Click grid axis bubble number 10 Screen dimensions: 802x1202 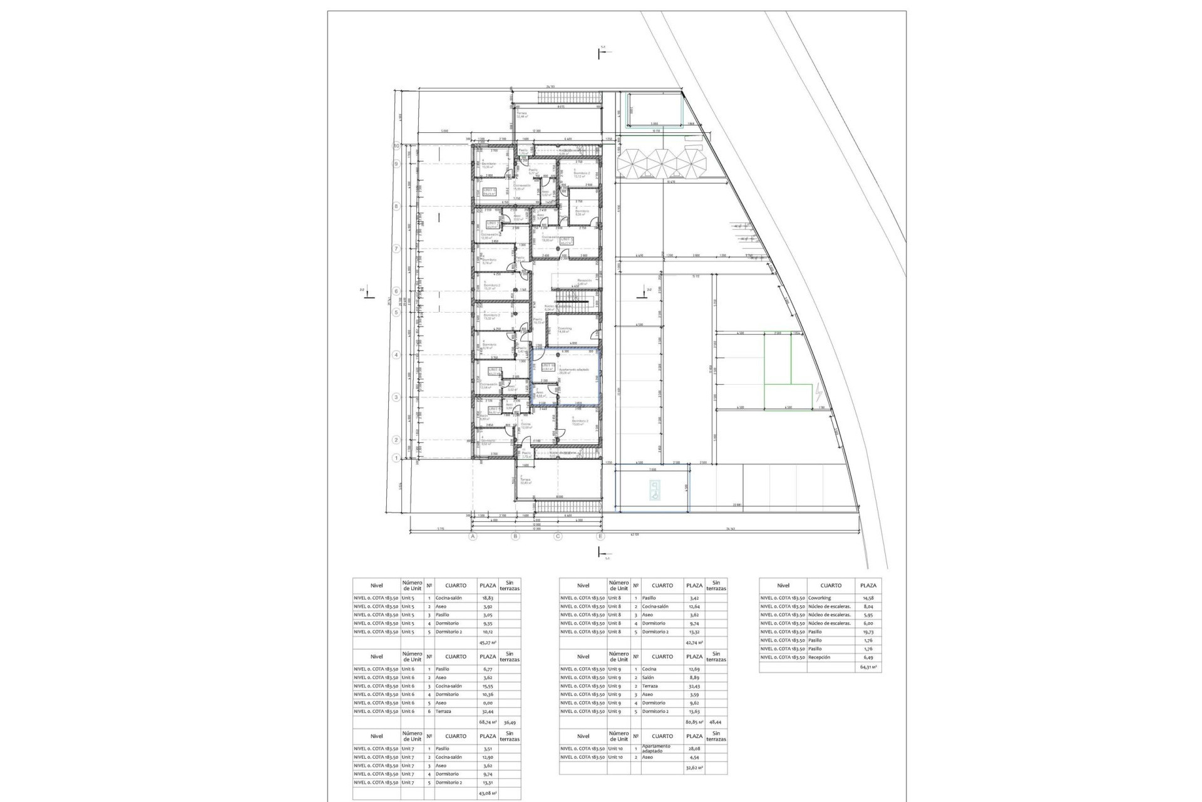[396, 145]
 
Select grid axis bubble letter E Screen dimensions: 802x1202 [600, 536]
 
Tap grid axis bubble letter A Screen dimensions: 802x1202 [473, 536]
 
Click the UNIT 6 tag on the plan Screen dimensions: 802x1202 [490, 190]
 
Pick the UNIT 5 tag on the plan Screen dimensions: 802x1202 [567, 240]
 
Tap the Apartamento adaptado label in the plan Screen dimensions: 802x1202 [574, 371]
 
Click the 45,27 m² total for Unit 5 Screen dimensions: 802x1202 [488, 642]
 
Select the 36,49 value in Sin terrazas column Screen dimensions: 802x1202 [510, 722]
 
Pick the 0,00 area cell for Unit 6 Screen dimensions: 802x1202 [488, 703]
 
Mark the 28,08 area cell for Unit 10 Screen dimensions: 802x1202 [694, 749]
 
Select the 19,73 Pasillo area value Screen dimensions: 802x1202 [868, 632]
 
